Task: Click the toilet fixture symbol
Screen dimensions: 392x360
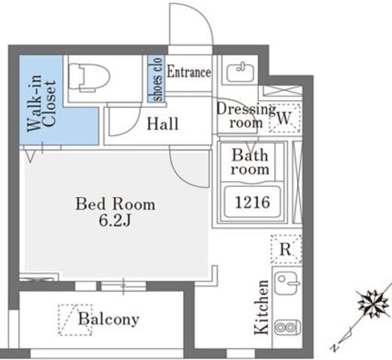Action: (x=90, y=76)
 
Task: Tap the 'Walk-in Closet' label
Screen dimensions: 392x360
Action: (x=41, y=103)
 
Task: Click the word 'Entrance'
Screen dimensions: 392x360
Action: (x=189, y=72)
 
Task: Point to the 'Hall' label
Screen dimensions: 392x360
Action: (x=163, y=124)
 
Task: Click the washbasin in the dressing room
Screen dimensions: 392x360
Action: (x=240, y=72)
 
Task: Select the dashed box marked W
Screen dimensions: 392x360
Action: (x=285, y=118)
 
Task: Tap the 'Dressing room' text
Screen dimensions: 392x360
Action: (x=246, y=116)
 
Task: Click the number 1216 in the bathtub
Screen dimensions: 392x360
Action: (x=253, y=202)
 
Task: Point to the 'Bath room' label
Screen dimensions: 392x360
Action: (x=250, y=162)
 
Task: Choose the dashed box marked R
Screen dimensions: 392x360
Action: (x=286, y=249)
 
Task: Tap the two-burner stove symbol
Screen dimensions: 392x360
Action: (x=287, y=328)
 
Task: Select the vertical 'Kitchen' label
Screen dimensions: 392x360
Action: (x=262, y=307)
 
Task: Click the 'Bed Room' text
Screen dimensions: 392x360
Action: (x=115, y=204)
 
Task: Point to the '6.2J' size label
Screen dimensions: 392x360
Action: (x=115, y=221)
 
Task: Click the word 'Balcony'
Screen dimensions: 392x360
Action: (x=109, y=319)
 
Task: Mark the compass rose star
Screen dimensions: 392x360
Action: (x=372, y=304)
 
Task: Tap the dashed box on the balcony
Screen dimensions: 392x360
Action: (x=75, y=320)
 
